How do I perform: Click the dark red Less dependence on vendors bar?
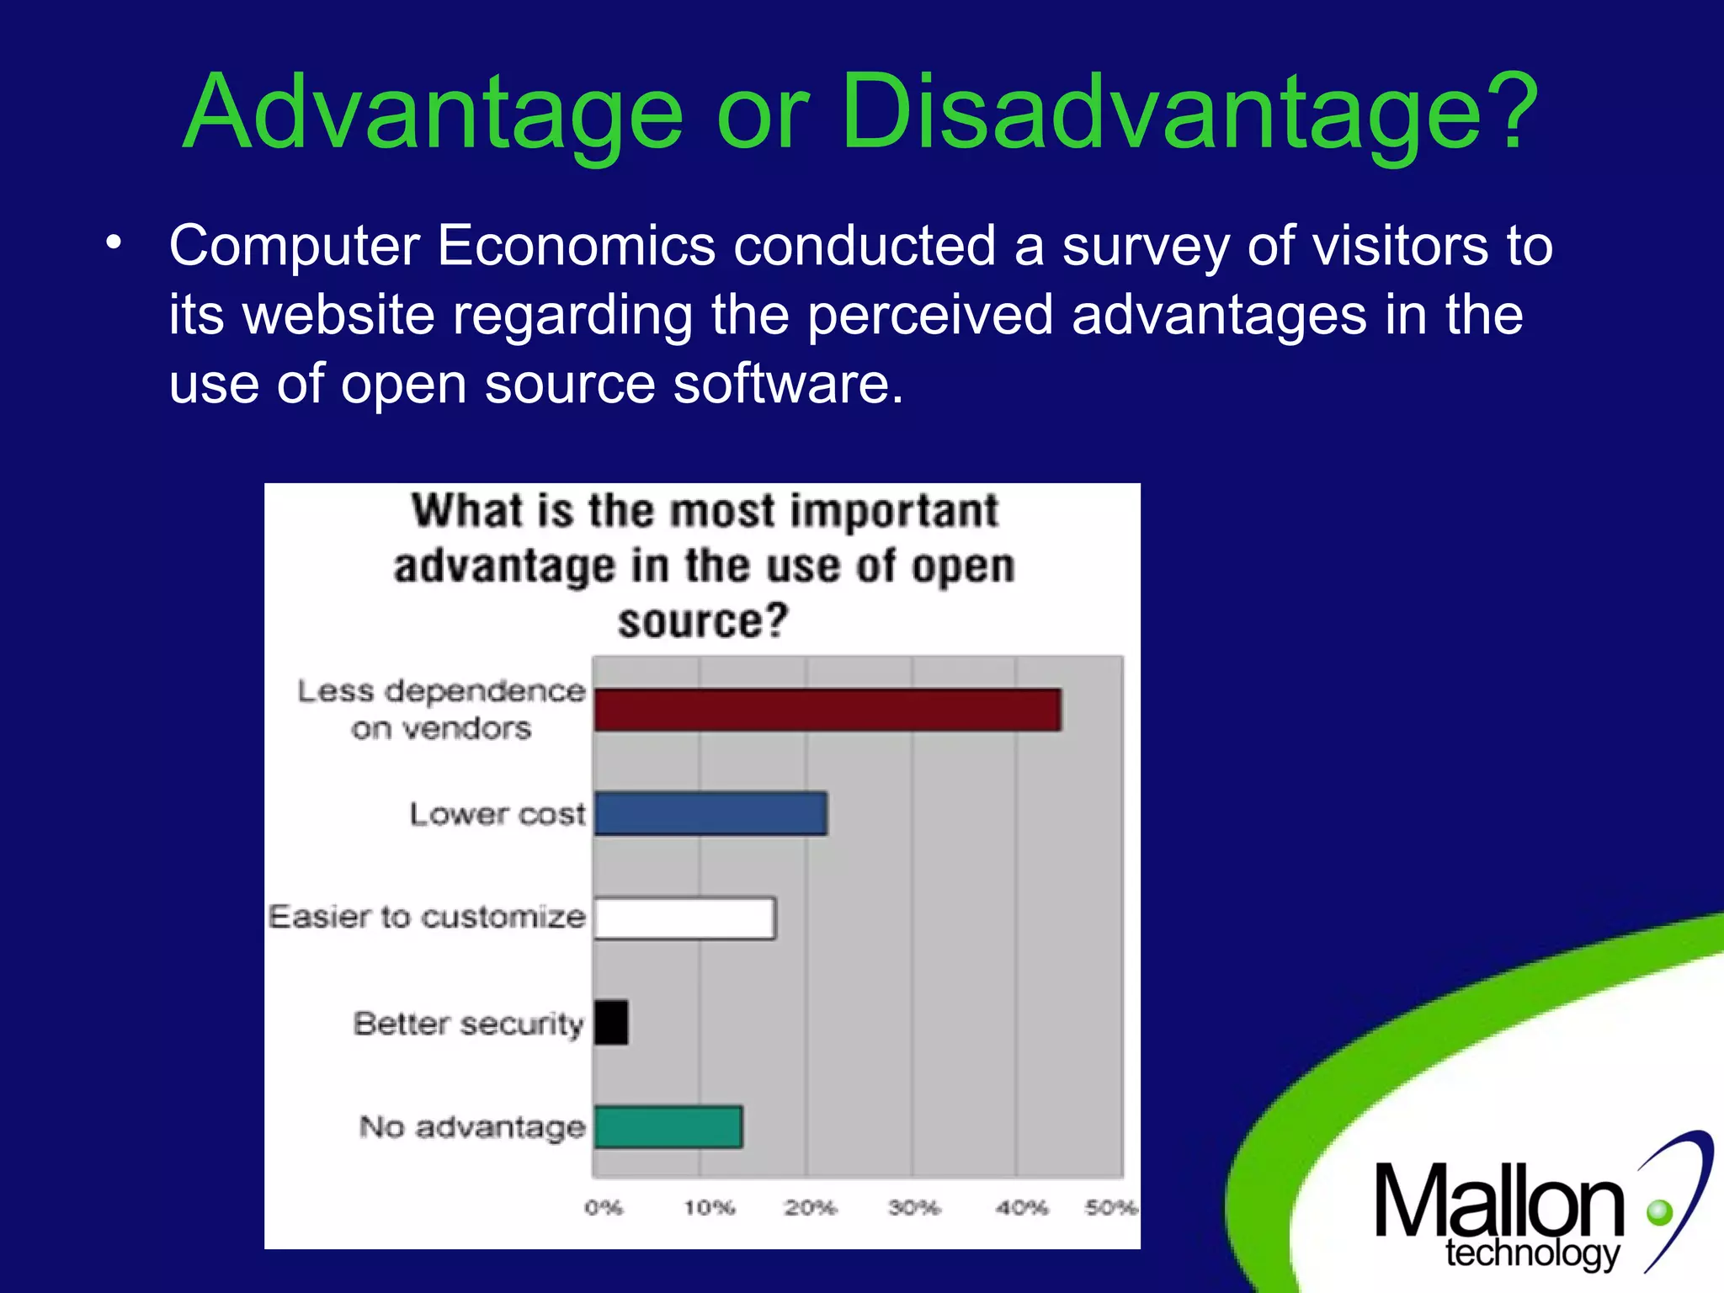tap(827, 710)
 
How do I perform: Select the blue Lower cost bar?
tap(710, 813)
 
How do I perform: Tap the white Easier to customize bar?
tap(684, 918)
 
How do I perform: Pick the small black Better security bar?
tap(611, 1022)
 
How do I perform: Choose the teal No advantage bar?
tap(668, 1127)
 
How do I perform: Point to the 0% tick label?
tap(604, 1208)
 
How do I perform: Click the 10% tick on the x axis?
tap(709, 1208)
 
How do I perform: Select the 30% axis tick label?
tap(914, 1208)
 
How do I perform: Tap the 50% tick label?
tap(1110, 1208)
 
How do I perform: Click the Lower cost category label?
tap(497, 814)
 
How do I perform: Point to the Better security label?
tap(468, 1024)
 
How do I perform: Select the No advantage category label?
tap(471, 1127)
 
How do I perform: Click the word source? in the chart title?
tap(703, 621)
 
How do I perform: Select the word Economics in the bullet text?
tap(576, 246)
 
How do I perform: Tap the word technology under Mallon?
tap(1532, 1253)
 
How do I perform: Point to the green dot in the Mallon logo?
tap(1659, 1213)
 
